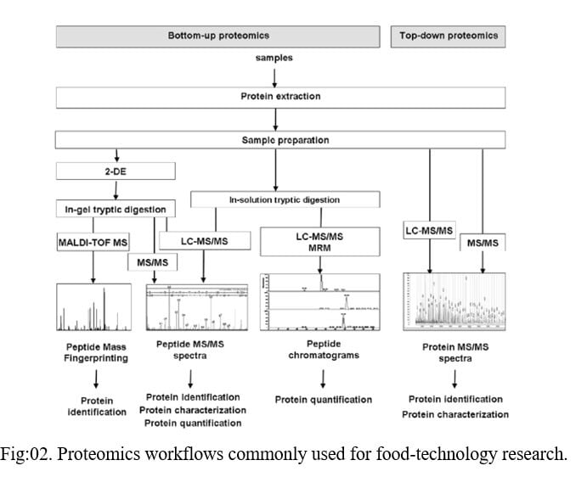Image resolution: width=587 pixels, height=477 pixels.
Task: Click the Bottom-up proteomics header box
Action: pyautogui.click(x=218, y=36)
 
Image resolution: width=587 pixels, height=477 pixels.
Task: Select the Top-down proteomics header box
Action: pyautogui.click(x=449, y=36)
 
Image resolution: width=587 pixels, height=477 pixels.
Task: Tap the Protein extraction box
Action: pyautogui.click(x=279, y=97)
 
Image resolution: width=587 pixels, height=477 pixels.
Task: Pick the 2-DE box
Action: pyautogui.click(x=116, y=172)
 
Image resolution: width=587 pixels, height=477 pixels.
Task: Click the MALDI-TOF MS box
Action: pyautogui.click(x=92, y=241)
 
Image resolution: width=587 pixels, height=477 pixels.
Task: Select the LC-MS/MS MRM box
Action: pyautogui.click(x=319, y=240)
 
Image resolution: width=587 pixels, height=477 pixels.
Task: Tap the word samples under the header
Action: pyautogui.click(x=274, y=57)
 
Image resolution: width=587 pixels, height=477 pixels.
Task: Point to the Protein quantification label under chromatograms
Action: pyautogui.click(x=323, y=399)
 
